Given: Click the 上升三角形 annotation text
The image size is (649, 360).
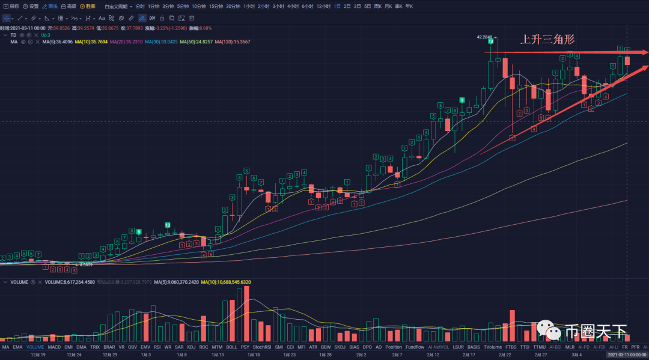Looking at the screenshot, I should pos(547,40).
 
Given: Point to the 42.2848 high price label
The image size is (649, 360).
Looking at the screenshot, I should pos(484,37).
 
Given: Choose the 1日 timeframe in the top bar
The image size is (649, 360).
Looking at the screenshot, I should pos(337,6).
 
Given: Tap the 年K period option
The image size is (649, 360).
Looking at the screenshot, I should pos(409,6).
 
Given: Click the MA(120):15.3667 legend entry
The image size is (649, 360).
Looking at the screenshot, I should pos(233,42).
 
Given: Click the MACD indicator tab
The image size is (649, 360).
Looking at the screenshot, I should pos(54,347).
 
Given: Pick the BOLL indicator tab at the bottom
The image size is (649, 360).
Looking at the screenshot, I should pos(231,347).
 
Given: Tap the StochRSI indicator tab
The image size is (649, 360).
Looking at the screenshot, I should pos(262,347).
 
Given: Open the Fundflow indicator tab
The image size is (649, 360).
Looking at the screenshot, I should pos(415,347).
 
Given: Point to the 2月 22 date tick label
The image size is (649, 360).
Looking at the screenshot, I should pos(505,355).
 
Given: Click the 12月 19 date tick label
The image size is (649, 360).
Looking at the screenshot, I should pos(38,355).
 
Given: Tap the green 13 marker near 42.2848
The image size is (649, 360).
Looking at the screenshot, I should pos(491,41).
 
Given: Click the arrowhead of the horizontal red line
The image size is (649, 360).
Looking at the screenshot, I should pos(645,53).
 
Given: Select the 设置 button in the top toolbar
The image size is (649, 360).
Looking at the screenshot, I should pos(31,6).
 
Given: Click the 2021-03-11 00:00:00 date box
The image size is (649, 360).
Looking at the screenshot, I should pos(627,355).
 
